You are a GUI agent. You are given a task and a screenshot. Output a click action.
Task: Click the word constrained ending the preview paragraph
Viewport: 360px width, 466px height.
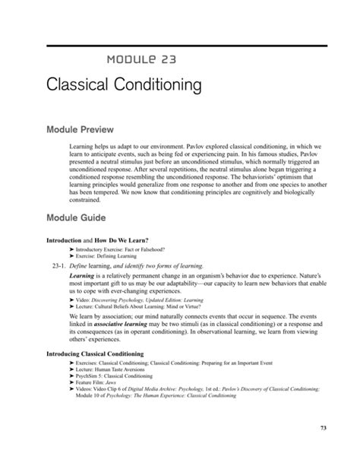[84, 200]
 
